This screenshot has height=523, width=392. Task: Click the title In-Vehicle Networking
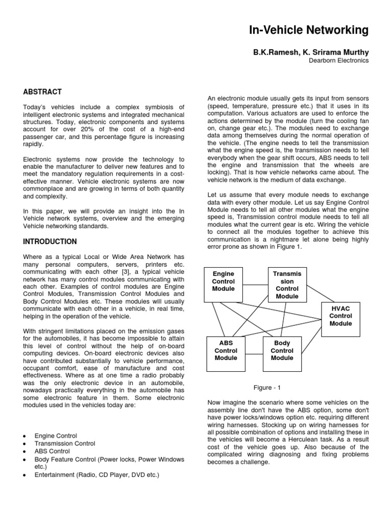308,31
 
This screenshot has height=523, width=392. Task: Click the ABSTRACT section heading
42,92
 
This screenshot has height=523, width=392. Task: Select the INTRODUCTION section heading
50,242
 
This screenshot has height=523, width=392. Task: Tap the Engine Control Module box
223,281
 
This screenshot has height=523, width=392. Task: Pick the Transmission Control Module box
287,285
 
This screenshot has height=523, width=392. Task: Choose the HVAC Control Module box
340,316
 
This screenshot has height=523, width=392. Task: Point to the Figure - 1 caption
268,388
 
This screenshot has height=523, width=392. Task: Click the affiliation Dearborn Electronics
339,60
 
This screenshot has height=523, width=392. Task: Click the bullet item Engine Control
56,436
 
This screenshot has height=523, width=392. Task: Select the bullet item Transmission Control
65,444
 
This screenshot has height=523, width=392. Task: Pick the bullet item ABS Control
52,451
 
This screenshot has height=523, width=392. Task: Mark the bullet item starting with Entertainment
97,475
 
